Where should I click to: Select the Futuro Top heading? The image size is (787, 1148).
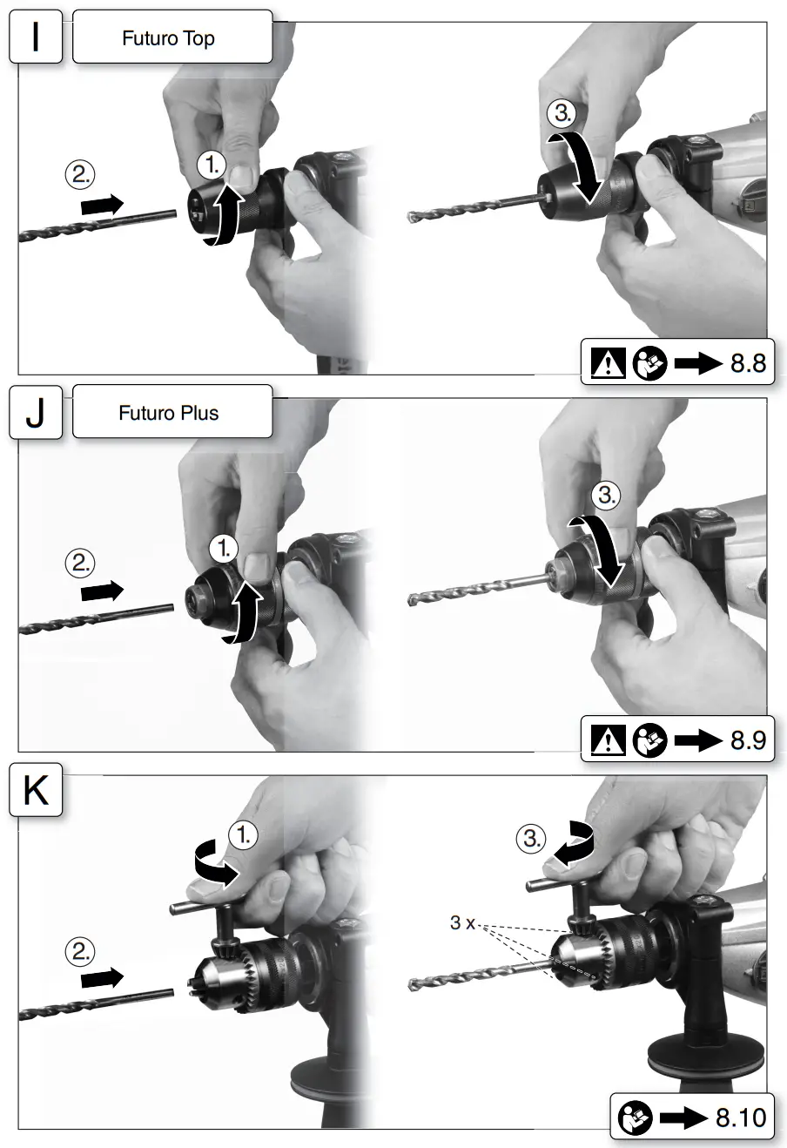(x=168, y=38)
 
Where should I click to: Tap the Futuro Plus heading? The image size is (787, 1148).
(x=168, y=413)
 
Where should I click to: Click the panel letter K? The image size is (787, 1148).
(x=36, y=791)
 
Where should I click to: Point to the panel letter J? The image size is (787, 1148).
(x=35, y=413)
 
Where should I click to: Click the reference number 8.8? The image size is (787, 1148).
(x=748, y=362)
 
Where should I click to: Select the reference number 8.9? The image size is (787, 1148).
(x=748, y=740)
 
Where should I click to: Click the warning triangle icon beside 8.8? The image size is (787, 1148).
(x=608, y=363)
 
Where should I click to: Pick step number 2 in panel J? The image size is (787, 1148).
(x=80, y=563)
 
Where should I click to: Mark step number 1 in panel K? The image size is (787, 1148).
(x=244, y=834)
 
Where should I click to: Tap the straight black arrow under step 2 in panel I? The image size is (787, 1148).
(x=102, y=205)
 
